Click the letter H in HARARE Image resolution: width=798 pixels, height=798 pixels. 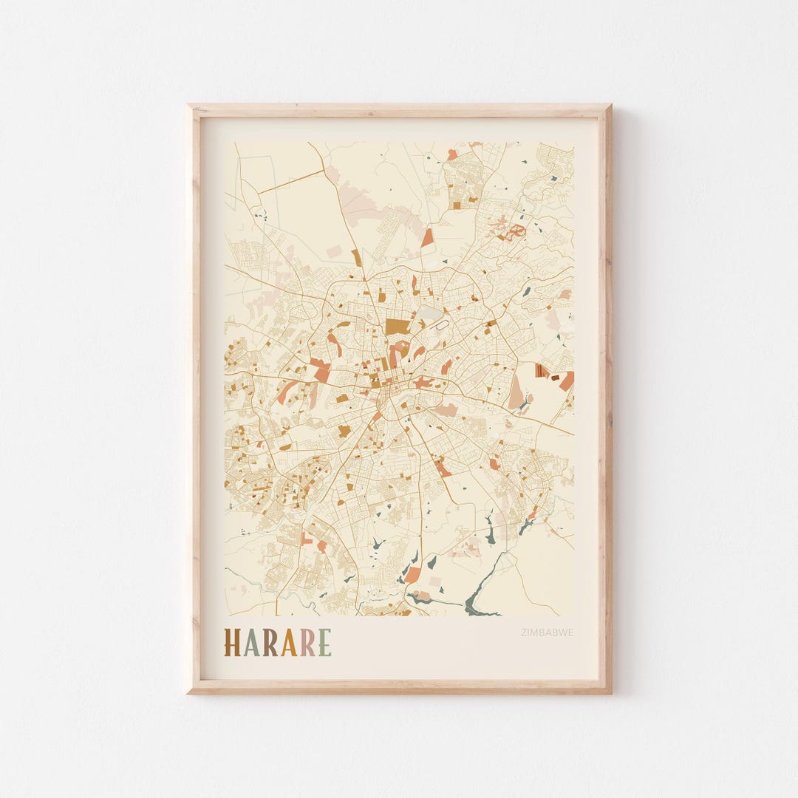233,643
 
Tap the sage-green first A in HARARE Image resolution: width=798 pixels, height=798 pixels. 253,643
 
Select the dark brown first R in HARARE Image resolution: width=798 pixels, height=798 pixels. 271,643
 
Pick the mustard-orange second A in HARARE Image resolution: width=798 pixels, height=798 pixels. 290,643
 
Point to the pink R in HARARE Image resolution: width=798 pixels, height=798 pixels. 308,643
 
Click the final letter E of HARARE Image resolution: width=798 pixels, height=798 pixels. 325,643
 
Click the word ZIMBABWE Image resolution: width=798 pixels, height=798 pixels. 547,632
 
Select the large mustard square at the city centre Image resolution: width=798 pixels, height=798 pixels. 397,327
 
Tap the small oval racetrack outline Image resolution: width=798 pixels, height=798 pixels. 442,324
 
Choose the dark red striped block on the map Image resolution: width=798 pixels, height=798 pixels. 543,371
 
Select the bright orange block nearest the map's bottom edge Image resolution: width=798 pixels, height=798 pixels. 412,574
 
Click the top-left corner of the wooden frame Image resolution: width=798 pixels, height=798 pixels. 189,106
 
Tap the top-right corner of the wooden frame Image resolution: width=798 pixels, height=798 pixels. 610,106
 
